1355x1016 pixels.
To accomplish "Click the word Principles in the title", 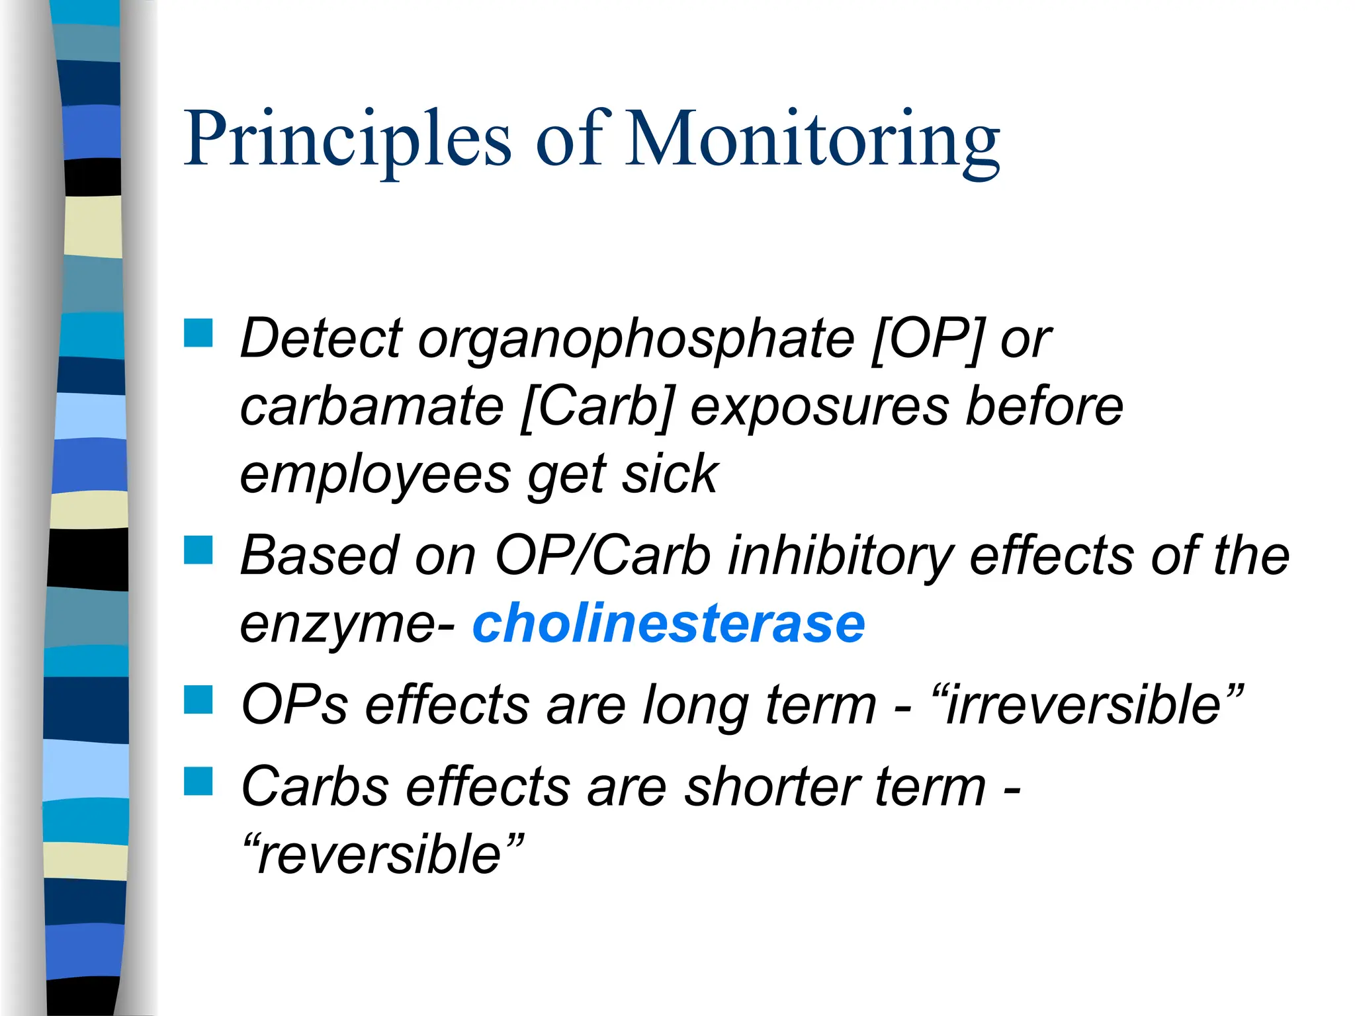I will click(347, 139).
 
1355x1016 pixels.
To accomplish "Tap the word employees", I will click(375, 476).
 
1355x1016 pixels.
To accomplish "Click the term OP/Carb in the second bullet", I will click(602, 556).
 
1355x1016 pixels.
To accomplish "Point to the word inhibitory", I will click(840, 556).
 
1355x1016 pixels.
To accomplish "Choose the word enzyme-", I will click(347, 625).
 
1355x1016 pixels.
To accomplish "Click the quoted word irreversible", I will click(1085, 705).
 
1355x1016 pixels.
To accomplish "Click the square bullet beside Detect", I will click(198, 333).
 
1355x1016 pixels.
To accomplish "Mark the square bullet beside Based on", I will click(198, 550).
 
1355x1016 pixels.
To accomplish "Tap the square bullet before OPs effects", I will click(198, 699).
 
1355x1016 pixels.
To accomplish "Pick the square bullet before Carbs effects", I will click(198, 781).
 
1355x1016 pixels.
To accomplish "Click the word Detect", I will click(321, 339).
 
